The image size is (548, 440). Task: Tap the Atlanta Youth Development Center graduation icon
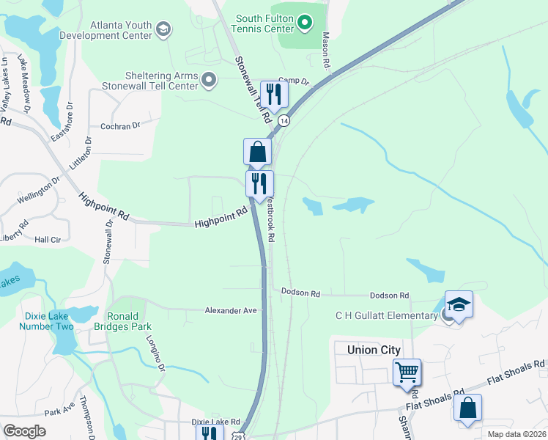pyautogui.click(x=163, y=29)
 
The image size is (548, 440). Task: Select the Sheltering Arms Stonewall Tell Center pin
pyautogui.click(x=210, y=80)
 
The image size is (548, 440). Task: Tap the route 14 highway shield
pyautogui.click(x=284, y=120)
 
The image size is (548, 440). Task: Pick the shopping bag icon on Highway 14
pyautogui.click(x=257, y=152)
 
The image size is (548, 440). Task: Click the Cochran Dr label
pyautogui.click(x=120, y=126)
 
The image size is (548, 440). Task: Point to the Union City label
pyautogui.click(x=374, y=350)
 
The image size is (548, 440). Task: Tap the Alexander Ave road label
pyautogui.click(x=231, y=311)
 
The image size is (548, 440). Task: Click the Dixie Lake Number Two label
pyautogui.click(x=49, y=320)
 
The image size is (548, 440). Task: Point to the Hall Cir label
pyautogui.click(x=47, y=240)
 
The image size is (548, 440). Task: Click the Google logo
pyautogui.click(x=25, y=431)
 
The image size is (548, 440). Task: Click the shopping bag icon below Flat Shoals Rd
pyautogui.click(x=467, y=408)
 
